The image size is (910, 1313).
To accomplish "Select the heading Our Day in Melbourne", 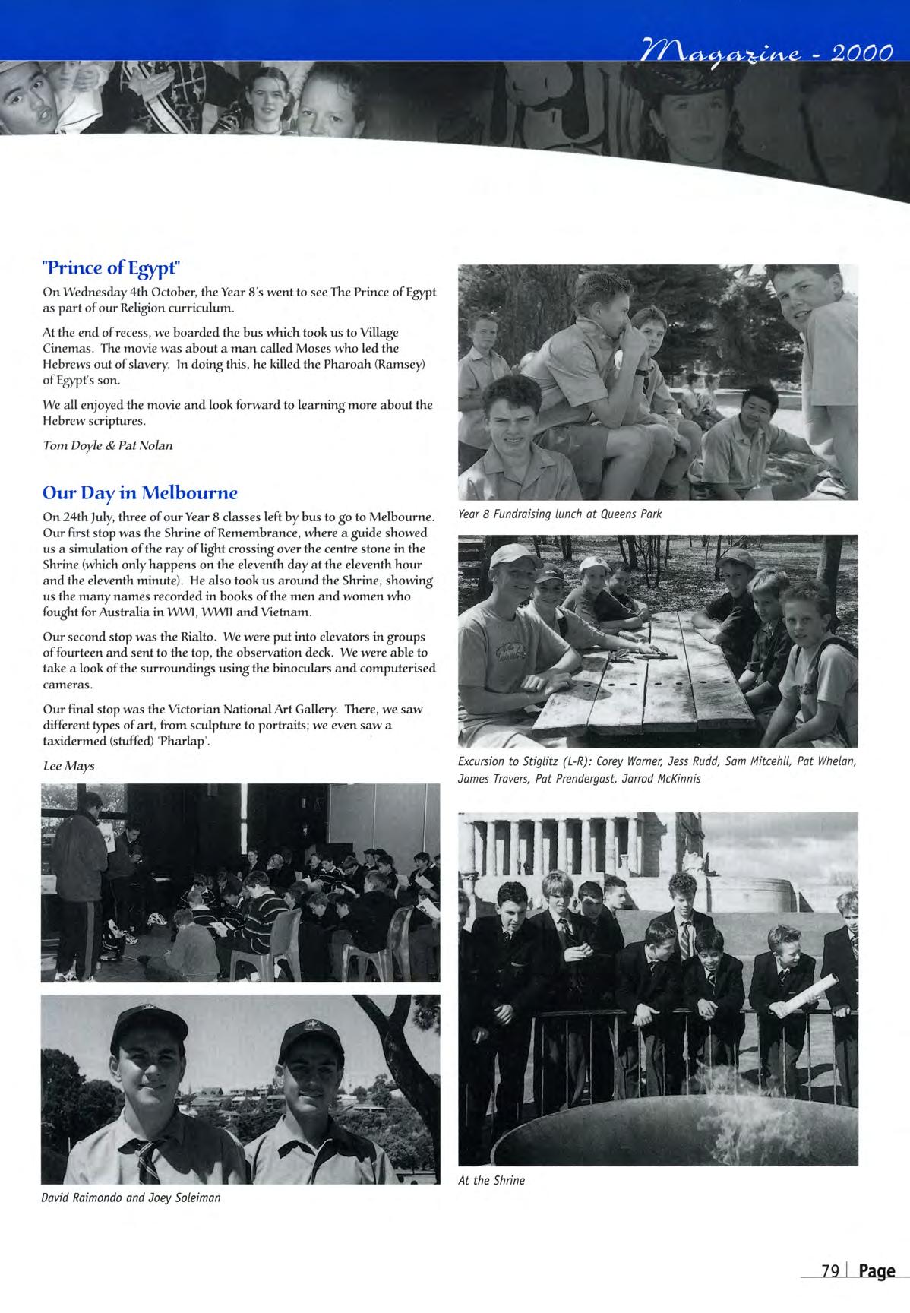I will [140, 492].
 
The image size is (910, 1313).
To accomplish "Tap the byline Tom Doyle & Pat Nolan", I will [108, 445].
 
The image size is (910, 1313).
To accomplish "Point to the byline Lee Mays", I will [68, 766].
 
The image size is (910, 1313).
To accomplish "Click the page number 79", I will [829, 1270].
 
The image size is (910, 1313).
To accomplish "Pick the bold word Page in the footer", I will [877, 1271].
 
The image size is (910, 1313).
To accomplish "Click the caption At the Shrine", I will [491, 1180].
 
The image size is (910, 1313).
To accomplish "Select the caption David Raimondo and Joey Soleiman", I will [131, 1198].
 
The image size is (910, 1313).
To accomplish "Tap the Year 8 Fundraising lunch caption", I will [560, 514].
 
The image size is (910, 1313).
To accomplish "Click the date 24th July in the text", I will [84, 517].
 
